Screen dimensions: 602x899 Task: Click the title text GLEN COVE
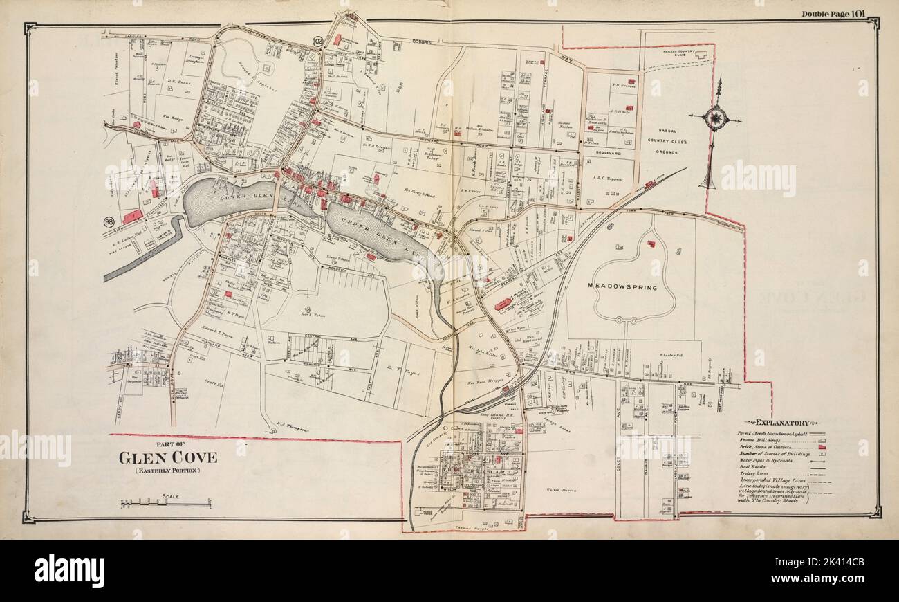(x=168, y=457)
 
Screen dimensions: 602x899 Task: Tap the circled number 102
(x=318, y=42)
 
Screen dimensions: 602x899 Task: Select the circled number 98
(x=109, y=221)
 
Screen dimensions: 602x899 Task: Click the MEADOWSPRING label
(x=622, y=286)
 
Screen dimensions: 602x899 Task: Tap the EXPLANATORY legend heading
(x=782, y=422)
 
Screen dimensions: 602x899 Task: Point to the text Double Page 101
(x=837, y=13)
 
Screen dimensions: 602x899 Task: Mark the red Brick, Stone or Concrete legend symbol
(x=823, y=448)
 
